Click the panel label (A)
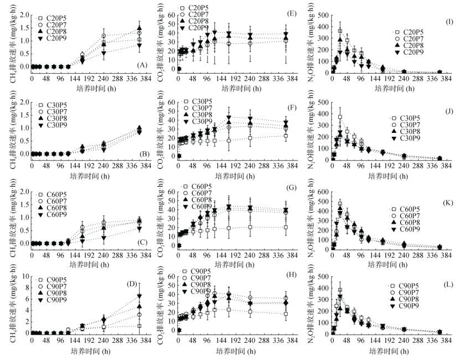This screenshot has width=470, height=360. [141, 65]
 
